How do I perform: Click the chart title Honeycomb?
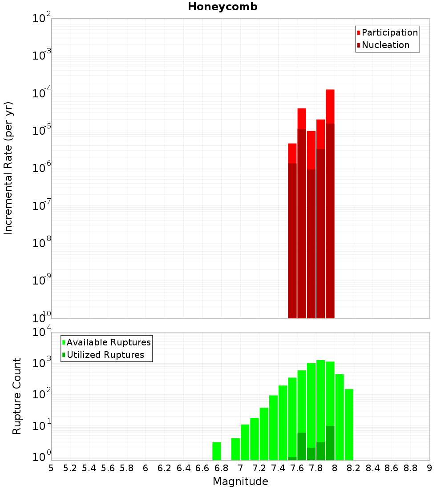click(x=222, y=7)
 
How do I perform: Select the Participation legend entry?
click(x=389, y=32)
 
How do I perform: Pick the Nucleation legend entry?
click(x=385, y=45)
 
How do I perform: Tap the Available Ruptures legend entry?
click(x=108, y=342)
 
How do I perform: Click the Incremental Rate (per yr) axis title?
click(x=8, y=168)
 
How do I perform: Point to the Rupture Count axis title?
click(x=17, y=396)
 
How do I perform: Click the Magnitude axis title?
click(x=240, y=481)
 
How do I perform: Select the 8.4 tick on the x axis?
click(x=372, y=468)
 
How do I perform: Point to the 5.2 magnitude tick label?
click(x=70, y=468)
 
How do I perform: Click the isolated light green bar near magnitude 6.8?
click(x=216, y=451)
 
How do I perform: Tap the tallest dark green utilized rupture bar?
click(x=330, y=443)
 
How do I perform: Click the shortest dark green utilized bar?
click(x=292, y=458)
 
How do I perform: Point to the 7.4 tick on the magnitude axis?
click(x=278, y=468)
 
